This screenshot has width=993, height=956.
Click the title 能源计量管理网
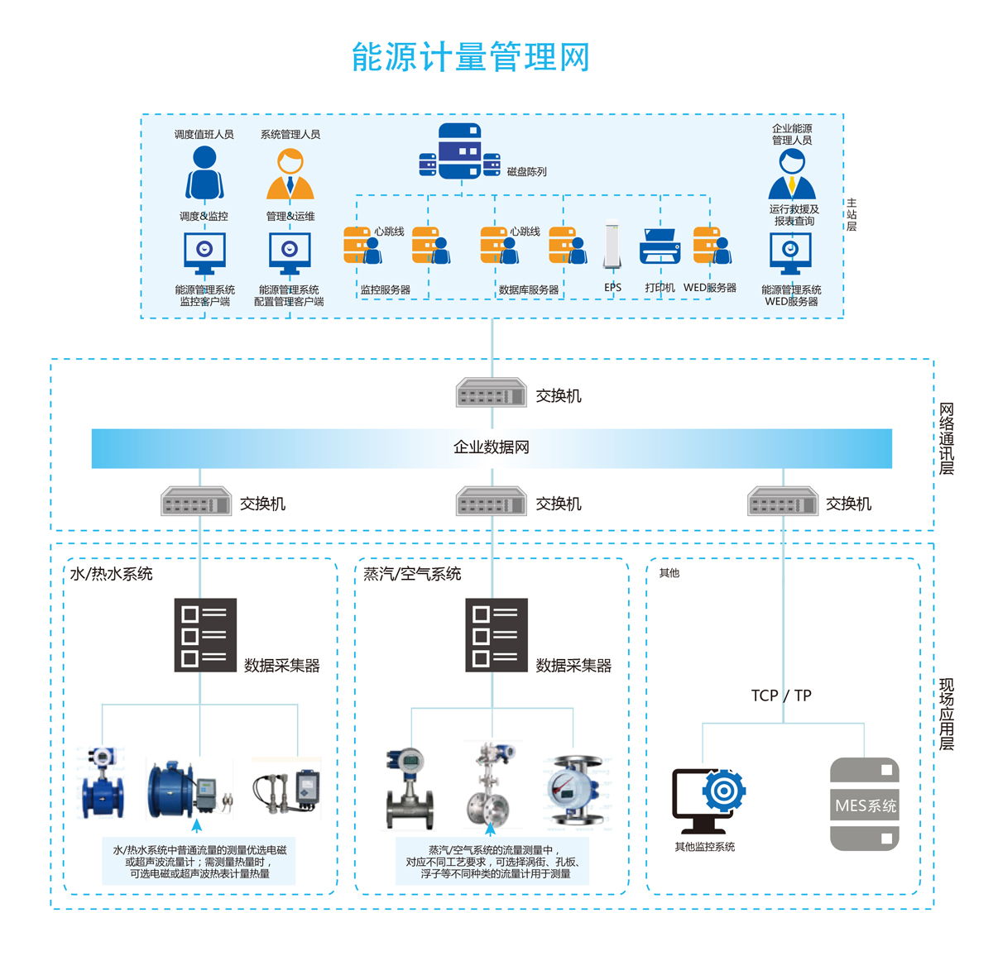click(470, 57)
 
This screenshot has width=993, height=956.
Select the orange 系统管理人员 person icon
click(290, 174)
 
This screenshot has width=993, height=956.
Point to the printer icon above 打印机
click(660, 246)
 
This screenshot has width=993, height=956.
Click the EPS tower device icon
click(612, 245)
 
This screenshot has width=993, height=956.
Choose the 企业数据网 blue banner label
click(491, 447)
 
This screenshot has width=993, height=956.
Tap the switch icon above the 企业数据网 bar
click(492, 393)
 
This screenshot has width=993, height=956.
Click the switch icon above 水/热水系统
click(196, 502)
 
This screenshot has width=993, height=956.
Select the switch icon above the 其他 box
click(783, 502)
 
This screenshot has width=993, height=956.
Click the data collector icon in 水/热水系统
click(205, 635)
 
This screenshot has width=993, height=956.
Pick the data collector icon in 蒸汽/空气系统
click(496, 635)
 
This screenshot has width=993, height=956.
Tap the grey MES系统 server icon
click(865, 804)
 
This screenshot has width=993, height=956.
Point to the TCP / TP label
click(781, 695)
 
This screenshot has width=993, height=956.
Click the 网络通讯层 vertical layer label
click(947, 439)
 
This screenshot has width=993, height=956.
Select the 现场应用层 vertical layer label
click(947, 715)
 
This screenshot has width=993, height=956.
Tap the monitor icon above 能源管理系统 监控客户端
click(204, 253)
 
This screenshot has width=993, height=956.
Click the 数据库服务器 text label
click(529, 290)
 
